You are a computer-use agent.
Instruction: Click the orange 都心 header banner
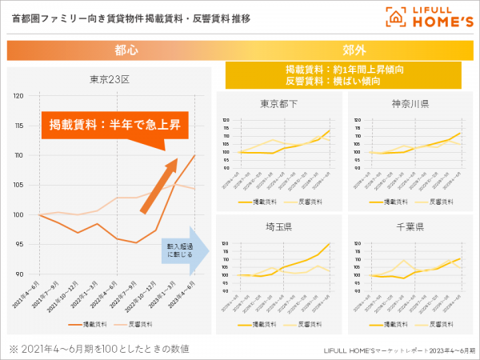click(x=111, y=50)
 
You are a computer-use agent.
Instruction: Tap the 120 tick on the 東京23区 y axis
click(x=19, y=96)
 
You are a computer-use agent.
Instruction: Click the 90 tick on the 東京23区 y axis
click(x=19, y=274)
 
